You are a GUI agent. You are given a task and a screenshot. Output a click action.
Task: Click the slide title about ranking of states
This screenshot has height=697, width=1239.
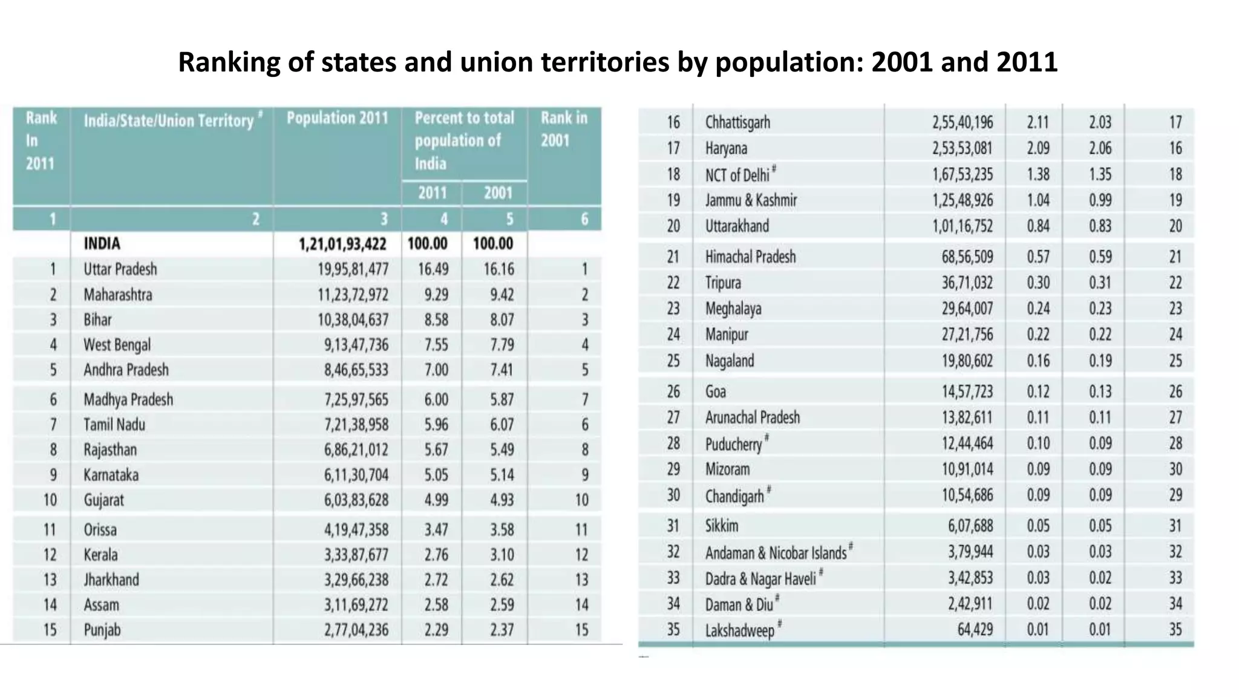tap(618, 62)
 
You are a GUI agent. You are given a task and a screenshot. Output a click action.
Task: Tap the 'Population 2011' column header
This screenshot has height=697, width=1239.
tap(337, 118)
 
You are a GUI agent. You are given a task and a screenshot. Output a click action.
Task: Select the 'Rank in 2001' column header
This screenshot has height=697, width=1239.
tap(563, 129)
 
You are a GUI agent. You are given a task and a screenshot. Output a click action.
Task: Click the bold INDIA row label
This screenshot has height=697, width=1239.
tap(102, 244)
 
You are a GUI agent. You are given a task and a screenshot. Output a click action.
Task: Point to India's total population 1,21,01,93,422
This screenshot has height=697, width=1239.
tap(342, 244)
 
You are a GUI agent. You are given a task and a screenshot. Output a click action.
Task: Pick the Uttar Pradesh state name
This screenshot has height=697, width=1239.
tap(120, 269)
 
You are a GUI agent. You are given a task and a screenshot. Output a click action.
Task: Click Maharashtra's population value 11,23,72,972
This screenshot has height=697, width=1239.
tap(353, 295)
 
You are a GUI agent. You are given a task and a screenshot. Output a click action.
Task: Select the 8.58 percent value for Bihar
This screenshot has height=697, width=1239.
tap(436, 319)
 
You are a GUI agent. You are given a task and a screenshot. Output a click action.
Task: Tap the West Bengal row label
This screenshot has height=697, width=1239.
tap(117, 345)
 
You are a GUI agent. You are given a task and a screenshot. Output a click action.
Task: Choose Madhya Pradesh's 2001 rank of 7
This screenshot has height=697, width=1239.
tap(584, 399)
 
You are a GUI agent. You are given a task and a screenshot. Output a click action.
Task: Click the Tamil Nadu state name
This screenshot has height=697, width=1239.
tap(114, 425)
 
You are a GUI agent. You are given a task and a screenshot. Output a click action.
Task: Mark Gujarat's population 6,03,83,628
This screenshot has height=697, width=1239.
tap(356, 500)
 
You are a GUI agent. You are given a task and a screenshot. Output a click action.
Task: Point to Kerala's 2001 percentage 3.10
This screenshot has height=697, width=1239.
tap(502, 555)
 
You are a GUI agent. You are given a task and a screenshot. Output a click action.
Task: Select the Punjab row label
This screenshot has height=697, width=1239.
tap(102, 630)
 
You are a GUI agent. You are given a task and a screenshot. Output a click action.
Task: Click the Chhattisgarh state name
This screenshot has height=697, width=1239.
tap(737, 122)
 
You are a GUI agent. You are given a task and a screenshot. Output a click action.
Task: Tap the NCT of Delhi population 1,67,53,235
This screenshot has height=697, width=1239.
tap(962, 174)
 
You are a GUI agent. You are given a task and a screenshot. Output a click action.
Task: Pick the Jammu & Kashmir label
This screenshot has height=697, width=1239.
tap(751, 200)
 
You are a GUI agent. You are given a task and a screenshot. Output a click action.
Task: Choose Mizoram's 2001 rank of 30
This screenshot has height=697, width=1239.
tap(1175, 470)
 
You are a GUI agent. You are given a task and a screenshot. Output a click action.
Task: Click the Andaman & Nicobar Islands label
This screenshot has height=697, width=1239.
tap(776, 552)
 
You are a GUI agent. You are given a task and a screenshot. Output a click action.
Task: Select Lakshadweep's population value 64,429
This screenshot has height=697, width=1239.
tap(975, 630)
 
